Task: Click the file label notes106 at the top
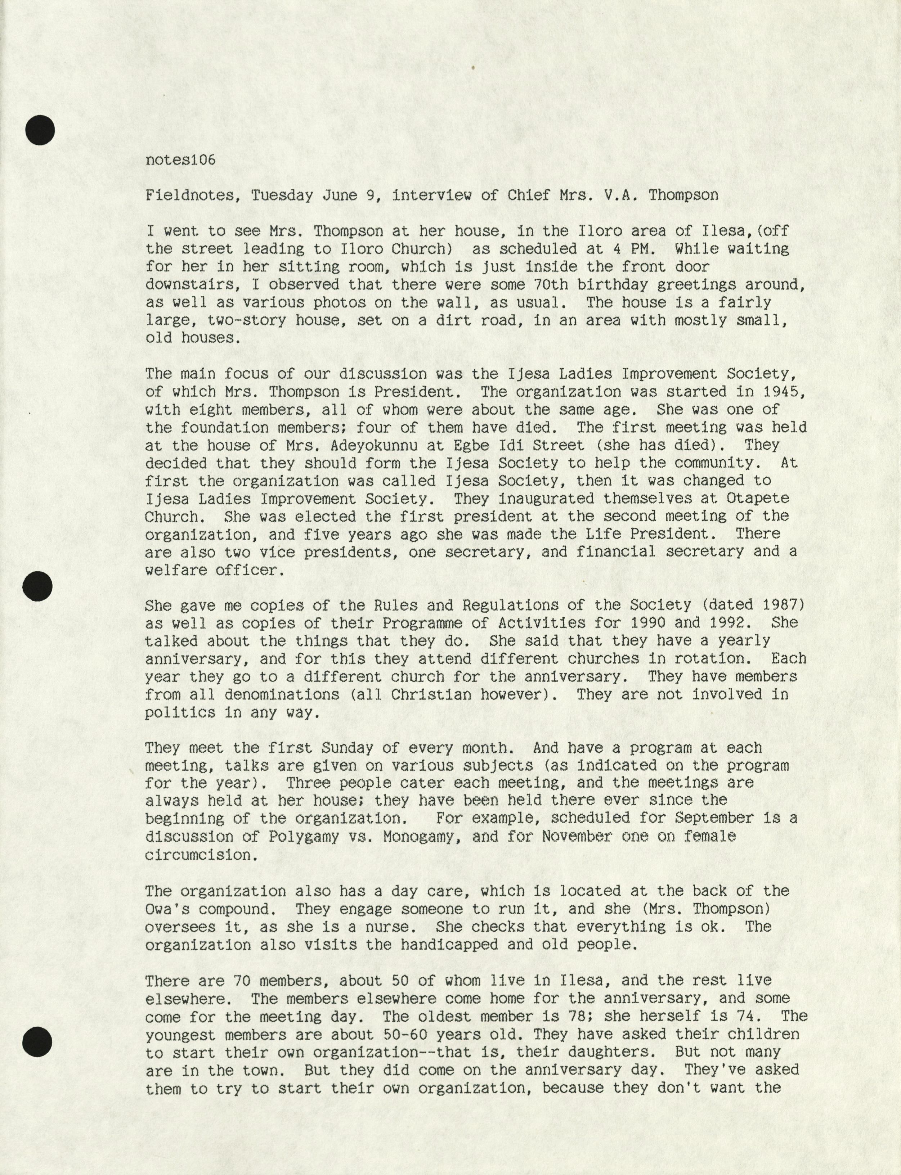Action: click(x=180, y=160)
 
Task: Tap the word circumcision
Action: click(x=198, y=855)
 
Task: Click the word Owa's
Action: click(x=172, y=909)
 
